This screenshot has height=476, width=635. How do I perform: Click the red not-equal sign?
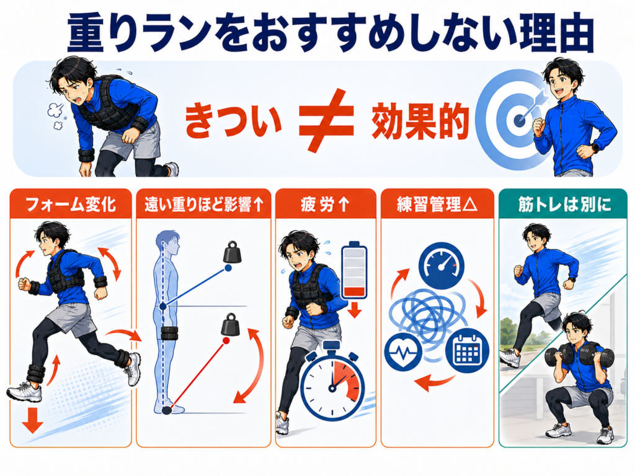326,120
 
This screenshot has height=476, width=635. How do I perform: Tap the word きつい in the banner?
233,120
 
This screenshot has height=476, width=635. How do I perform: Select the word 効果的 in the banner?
420,121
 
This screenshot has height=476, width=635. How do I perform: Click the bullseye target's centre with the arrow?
520,120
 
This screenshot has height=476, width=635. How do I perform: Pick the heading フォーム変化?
71,204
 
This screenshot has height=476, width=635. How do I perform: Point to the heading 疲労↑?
325,204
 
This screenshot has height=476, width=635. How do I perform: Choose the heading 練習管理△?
437,204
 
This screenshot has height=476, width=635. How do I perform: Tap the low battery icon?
354,270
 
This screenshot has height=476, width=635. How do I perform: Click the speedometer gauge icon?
442,265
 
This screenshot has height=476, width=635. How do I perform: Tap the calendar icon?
467,351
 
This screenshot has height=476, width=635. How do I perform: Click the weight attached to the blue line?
233,253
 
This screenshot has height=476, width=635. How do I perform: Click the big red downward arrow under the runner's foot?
33,420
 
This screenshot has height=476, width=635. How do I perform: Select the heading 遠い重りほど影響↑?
204,205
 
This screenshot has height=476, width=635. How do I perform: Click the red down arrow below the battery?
355,311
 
